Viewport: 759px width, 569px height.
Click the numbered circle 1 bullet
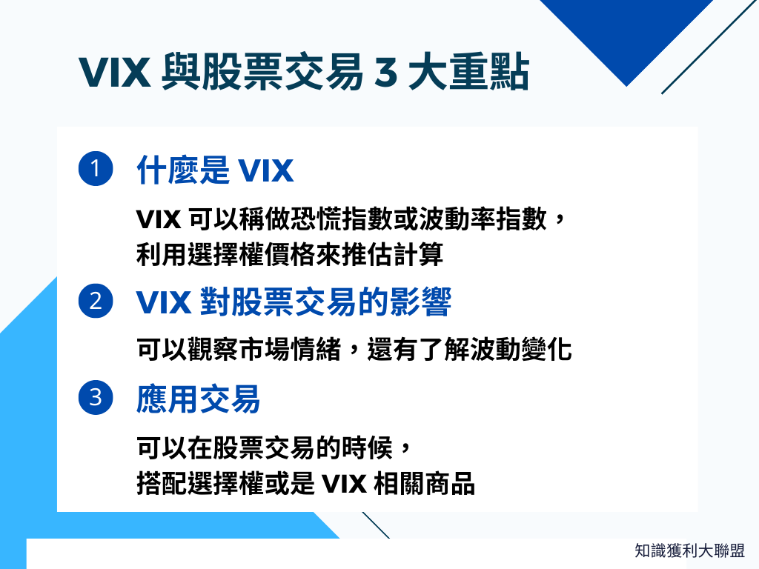click(95, 170)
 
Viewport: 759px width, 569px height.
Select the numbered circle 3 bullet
click(95, 398)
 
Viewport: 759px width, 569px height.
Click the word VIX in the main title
click(115, 74)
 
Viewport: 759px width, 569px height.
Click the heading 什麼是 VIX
click(215, 171)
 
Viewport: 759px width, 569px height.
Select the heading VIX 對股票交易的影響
click(294, 302)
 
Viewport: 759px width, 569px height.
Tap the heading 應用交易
click(198, 399)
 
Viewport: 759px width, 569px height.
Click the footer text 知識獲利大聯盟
click(689, 550)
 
